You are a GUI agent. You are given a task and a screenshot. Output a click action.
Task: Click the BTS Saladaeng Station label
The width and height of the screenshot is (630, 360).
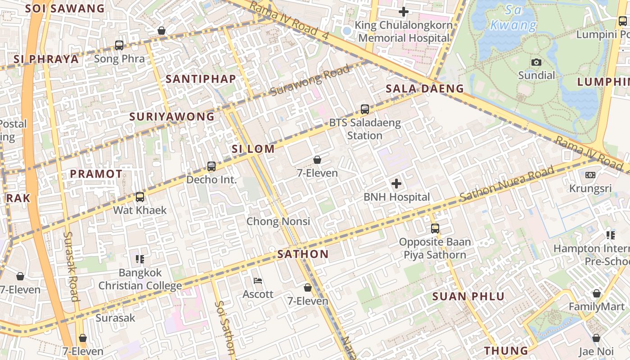(x=364, y=129)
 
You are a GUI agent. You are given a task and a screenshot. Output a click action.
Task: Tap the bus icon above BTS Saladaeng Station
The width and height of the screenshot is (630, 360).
(x=365, y=109)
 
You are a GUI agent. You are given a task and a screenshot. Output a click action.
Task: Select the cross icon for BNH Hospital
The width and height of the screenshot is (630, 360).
(x=396, y=184)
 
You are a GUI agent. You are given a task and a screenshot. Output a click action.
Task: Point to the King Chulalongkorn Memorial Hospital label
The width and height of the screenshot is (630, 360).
(x=404, y=31)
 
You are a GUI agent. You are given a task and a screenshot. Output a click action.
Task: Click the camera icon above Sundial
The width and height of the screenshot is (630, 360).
(x=536, y=62)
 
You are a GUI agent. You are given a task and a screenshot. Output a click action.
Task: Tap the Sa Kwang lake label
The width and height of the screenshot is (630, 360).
(x=513, y=18)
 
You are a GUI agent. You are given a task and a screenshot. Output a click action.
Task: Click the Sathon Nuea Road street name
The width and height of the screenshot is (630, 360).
(x=507, y=184)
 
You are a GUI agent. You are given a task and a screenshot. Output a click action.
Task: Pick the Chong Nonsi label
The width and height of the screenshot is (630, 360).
(x=278, y=221)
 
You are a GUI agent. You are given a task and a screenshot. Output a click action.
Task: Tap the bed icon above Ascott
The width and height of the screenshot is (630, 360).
(x=258, y=281)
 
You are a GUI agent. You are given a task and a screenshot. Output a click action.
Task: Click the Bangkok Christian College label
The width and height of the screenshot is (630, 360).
(x=140, y=279)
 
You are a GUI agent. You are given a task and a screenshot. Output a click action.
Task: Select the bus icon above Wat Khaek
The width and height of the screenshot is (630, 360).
(x=140, y=197)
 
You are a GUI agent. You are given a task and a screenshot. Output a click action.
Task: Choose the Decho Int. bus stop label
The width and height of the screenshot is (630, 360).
(x=211, y=180)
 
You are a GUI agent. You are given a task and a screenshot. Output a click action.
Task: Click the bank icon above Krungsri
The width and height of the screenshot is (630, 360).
(x=590, y=175)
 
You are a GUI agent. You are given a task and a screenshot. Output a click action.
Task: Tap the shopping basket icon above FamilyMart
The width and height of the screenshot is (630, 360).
(x=597, y=294)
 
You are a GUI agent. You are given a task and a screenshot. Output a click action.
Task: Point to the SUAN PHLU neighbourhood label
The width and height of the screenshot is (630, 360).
(x=468, y=297)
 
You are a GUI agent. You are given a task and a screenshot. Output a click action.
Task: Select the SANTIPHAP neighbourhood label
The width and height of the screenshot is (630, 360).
(x=201, y=79)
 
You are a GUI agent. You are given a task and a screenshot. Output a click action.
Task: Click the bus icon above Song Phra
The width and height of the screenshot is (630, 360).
(x=119, y=45)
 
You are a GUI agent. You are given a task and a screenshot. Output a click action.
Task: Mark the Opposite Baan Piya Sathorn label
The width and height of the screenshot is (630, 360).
(x=435, y=248)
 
